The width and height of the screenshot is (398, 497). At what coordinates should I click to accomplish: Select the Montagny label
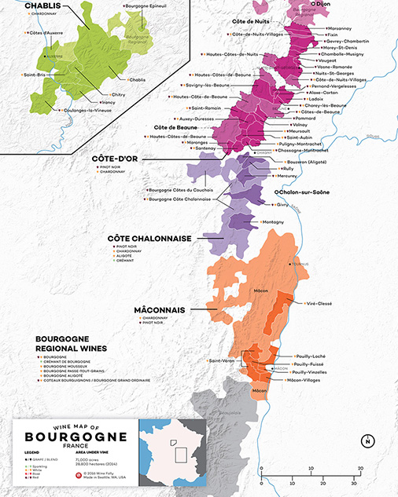coord(273,222)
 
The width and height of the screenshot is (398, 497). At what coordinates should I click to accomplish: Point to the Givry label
coord(282,203)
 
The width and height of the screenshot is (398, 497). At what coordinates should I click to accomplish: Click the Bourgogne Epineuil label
coord(145,6)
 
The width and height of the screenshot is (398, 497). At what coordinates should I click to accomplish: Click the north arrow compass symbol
coord(367,440)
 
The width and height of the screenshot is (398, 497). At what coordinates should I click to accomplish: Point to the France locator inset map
coord(172,454)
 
